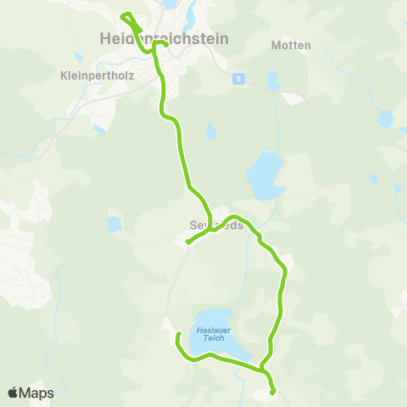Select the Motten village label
291,45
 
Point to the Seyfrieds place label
216,226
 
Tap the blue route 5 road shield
240,78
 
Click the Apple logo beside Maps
13,393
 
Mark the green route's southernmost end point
273,393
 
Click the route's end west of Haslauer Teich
177,336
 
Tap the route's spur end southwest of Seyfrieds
187,243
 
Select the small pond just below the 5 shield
272,82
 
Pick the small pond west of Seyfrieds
113,224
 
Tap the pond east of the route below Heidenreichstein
210,131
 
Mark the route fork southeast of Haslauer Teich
264,371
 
